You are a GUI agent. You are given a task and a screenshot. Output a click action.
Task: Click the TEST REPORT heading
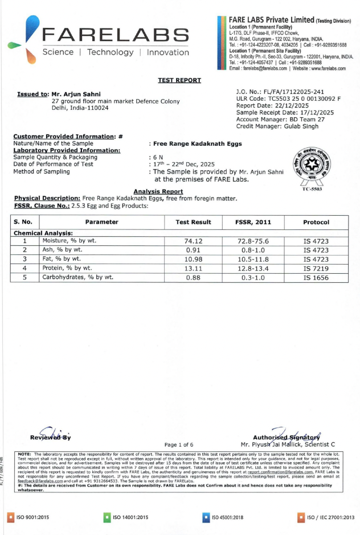180,81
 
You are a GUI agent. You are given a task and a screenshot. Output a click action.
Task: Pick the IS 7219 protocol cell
316,268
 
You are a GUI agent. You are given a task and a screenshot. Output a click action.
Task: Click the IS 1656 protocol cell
316,278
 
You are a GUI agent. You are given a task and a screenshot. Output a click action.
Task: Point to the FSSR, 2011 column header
252,222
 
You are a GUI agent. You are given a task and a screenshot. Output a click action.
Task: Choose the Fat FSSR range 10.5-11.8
252,259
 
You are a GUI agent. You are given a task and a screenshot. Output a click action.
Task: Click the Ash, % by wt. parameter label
62,250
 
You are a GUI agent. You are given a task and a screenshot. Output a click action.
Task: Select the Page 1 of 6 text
179,444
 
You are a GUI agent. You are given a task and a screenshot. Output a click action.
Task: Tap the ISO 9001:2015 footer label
30,517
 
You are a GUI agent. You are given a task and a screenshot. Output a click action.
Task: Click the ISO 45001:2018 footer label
226,517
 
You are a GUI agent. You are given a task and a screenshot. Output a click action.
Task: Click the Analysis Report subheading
158,191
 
